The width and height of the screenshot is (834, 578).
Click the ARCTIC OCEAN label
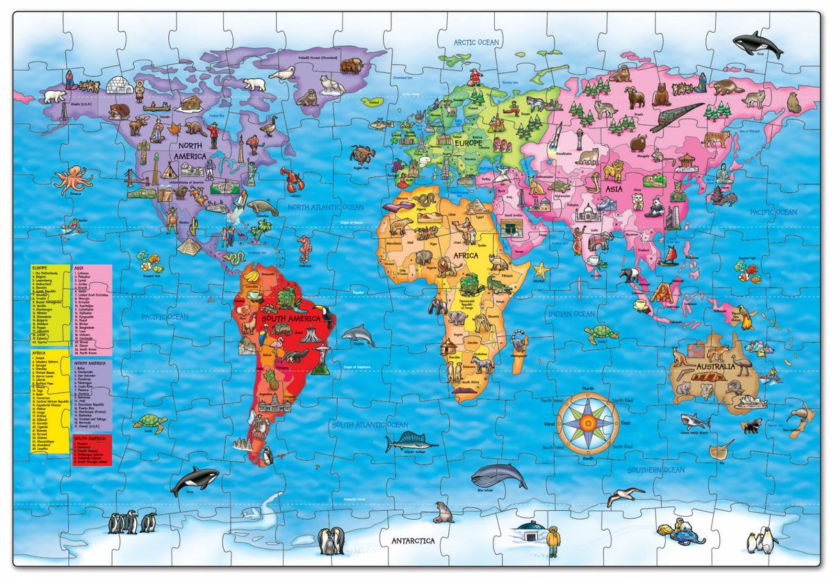[x=476, y=42]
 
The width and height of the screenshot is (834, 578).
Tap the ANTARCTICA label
[x=412, y=540]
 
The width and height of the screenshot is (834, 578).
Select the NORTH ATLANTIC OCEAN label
[x=325, y=207]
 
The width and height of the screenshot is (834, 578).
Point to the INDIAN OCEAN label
[x=571, y=314]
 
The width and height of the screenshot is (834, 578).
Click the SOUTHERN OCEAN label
[x=656, y=470]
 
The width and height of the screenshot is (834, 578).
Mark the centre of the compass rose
[x=587, y=421]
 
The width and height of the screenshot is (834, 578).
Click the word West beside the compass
[x=549, y=424]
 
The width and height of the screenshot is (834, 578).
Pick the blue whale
[x=498, y=476]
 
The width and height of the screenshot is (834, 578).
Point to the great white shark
[x=695, y=420]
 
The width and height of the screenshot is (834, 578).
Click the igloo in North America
[x=119, y=85]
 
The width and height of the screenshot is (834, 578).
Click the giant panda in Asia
[x=656, y=206]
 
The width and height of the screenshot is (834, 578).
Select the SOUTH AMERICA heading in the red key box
[x=92, y=440]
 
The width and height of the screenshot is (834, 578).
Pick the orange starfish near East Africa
[x=541, y=270]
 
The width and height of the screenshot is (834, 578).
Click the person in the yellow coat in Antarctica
[x=553, y=540]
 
